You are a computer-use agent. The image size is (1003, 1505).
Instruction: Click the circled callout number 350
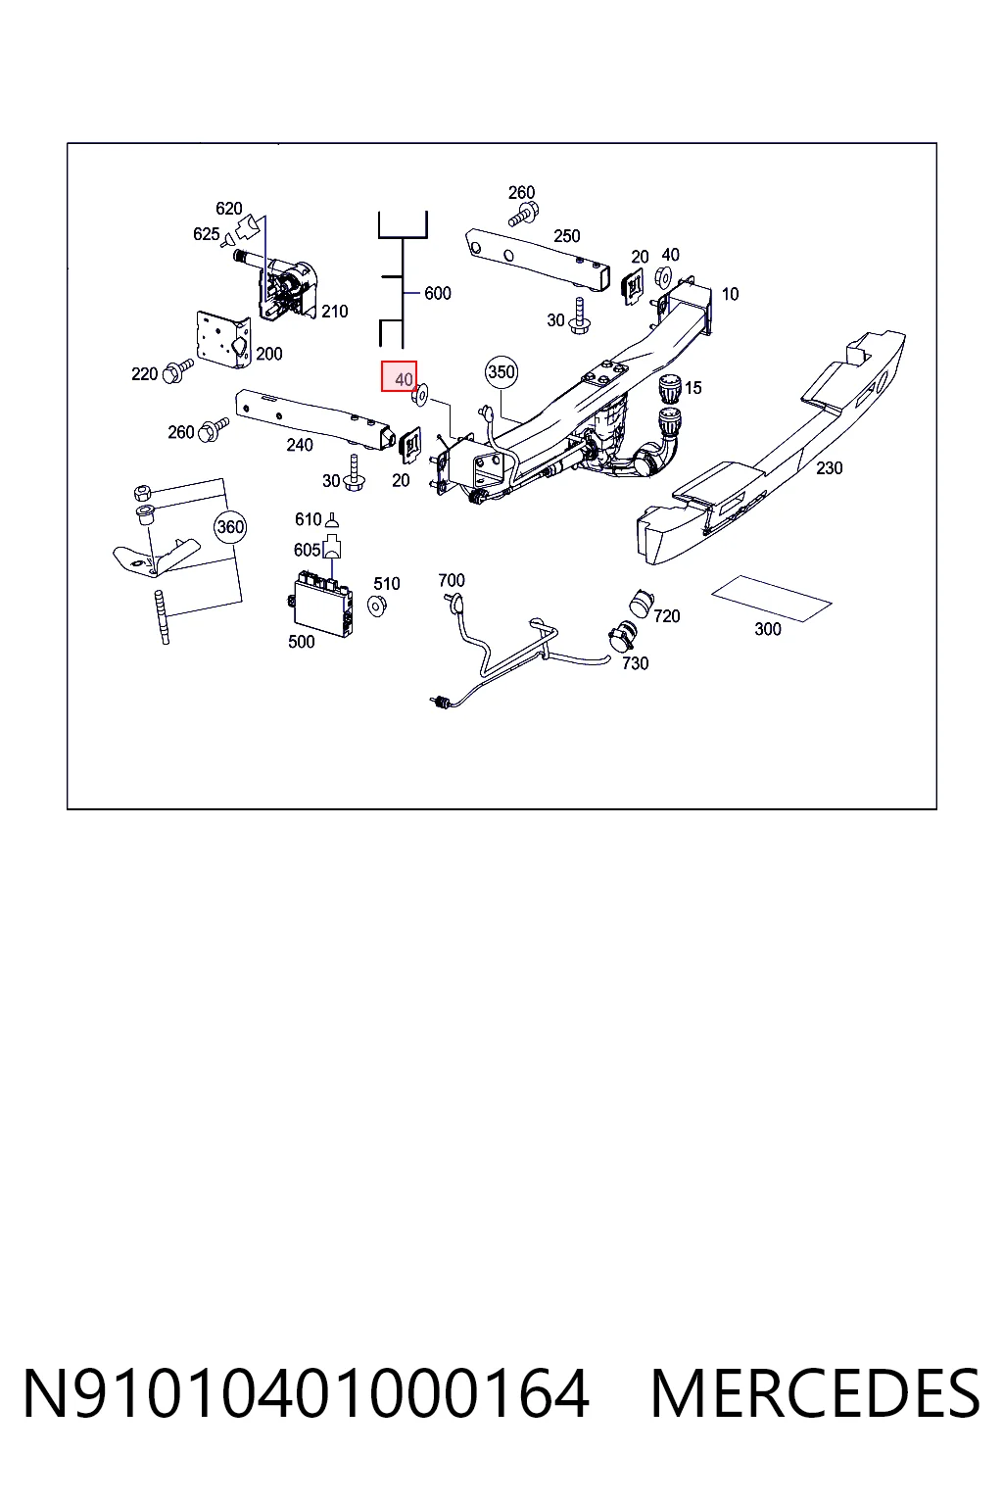501,372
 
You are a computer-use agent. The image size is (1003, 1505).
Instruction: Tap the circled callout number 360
230,527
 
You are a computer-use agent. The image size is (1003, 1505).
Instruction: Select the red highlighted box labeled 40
399,376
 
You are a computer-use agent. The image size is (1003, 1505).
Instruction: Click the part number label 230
829,468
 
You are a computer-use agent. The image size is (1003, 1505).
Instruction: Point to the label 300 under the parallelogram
767,630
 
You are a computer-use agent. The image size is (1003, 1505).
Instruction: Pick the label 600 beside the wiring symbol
437,293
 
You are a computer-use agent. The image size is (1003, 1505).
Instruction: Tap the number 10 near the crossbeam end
730,294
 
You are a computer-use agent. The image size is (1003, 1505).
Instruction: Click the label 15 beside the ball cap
693,388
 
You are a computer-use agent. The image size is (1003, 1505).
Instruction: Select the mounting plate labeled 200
223,339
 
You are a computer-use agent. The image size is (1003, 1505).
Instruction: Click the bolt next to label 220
178,370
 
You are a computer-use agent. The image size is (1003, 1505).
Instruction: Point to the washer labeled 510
377,607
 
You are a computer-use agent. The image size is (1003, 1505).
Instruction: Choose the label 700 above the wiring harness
452,580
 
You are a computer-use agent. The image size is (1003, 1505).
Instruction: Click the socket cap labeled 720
642,603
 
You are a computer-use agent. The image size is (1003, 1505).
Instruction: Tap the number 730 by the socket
635,663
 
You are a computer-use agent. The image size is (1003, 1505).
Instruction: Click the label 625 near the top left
207,234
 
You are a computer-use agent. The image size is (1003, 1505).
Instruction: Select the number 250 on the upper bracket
566,236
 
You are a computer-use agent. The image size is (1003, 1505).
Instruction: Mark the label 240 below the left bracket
300,445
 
